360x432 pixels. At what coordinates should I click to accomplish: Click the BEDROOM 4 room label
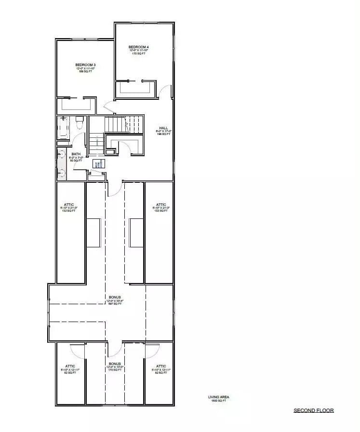[x=138, y=47]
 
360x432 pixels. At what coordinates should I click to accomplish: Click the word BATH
[x=76, y=155]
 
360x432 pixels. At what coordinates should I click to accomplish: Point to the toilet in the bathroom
[x=80, y=122]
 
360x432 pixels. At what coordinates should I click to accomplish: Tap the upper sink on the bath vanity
[x=61, y=154]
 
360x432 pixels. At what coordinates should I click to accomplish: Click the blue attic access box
[x=96, y=164]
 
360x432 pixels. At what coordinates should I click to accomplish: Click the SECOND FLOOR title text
[x=314, y=411]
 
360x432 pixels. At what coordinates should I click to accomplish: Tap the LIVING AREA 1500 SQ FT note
[x=215, y=399]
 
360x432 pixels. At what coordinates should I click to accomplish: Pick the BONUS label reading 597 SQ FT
[x=115, y=297]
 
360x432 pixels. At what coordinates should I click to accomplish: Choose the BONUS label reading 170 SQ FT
[x=115, y=364]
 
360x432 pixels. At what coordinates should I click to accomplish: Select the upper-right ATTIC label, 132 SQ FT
[x=161, y=204]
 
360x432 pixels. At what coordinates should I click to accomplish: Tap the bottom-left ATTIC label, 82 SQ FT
[x=70, y=366]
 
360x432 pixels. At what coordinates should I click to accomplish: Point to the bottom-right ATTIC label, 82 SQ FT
[x=161, y=366]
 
